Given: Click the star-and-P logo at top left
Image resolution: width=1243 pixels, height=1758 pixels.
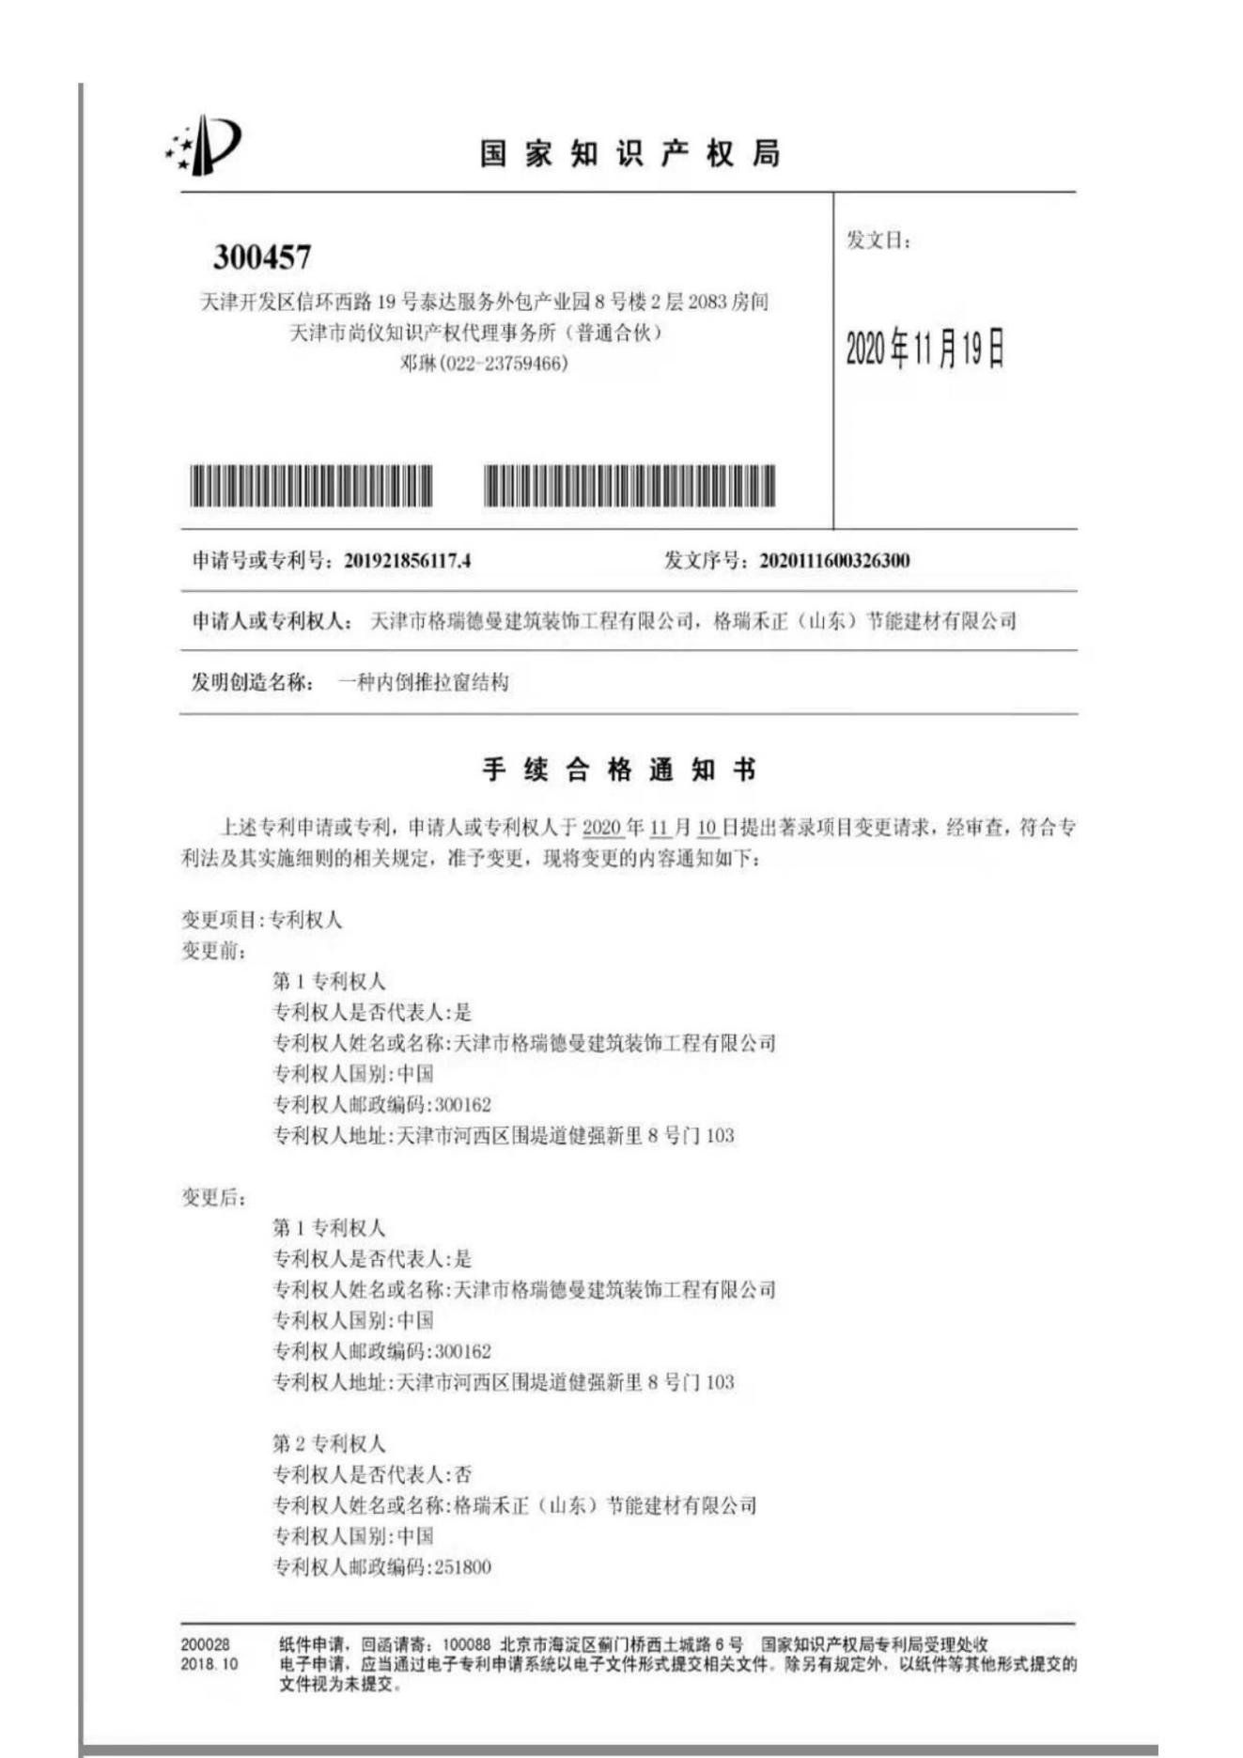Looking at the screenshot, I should click(204, 146).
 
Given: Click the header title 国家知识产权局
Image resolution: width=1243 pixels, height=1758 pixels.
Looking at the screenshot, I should click(629, 153).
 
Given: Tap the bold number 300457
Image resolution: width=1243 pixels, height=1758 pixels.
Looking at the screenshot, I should click(261, 257).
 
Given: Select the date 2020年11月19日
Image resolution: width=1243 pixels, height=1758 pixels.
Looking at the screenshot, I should click(924, 349).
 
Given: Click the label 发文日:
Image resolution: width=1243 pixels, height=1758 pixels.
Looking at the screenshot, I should click(878, 241).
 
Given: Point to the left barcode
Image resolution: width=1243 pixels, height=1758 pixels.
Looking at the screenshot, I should click(311, 486).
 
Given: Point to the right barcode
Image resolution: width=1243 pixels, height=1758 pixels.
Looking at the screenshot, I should click(629, 486).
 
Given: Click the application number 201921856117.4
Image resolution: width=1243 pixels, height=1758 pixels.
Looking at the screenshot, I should click(407, 561).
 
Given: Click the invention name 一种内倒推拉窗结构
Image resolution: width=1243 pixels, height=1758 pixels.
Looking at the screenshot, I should click(423, 682).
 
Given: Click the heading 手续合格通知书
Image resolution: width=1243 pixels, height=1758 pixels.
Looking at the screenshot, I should click(619, 770).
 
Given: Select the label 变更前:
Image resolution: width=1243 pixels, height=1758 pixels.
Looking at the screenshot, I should click(214, 951).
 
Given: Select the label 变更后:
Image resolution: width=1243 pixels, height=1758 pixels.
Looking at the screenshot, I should click(214, 1197).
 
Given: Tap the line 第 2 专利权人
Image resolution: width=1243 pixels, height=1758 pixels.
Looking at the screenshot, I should click(329, 1443).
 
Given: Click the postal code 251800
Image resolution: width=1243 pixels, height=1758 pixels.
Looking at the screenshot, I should click(462, 1567).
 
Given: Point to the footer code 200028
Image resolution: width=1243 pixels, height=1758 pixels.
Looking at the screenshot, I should click(205, 1645).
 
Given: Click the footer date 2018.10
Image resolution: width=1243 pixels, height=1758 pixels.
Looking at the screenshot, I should click(210, 1664).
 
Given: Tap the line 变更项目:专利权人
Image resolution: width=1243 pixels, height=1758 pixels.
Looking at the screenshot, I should click(261, 920).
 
